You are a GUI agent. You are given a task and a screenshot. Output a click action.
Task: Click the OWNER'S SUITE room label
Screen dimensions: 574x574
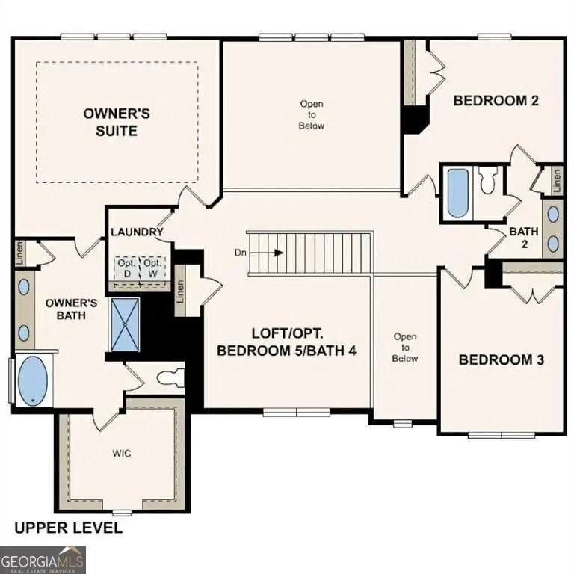117,122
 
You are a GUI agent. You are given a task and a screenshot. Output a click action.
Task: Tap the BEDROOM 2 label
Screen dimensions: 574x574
496,100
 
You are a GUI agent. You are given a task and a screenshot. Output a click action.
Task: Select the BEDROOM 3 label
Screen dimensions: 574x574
501,359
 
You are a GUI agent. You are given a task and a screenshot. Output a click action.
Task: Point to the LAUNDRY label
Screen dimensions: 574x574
137,232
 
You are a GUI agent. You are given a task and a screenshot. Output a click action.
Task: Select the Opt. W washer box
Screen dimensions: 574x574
152,268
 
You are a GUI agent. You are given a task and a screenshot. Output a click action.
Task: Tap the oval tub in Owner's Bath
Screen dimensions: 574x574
31,381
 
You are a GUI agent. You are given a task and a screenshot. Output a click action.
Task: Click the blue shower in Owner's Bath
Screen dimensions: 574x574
122,324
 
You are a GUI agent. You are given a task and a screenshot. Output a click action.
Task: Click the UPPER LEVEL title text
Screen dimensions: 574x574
69,528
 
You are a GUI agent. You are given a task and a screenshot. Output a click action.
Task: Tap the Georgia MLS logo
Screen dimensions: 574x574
43,559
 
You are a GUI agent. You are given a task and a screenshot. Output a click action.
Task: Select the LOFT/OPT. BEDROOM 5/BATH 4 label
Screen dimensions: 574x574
286,343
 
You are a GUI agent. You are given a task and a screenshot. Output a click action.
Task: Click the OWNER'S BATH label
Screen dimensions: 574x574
72,309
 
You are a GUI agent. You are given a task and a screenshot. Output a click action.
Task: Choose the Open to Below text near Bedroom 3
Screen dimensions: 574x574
405,348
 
